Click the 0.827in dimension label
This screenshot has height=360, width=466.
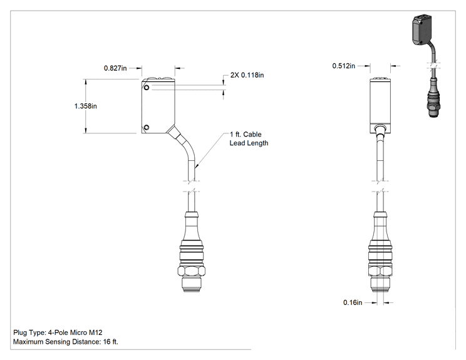pos(115,68)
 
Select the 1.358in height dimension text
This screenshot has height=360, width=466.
pos(86,106)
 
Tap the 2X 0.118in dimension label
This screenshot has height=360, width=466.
pos(247,75)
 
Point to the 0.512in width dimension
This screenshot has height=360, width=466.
pos(344,66)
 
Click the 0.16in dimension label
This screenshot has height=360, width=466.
pos(353,302)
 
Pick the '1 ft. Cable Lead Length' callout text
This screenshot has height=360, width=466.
pos(249,139)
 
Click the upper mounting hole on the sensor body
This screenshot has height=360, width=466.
pos(147,88)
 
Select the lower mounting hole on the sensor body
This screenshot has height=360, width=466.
pos(146,128)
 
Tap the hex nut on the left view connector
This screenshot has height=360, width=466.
pos(192,271)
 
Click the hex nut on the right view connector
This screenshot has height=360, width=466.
pos(380,271)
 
